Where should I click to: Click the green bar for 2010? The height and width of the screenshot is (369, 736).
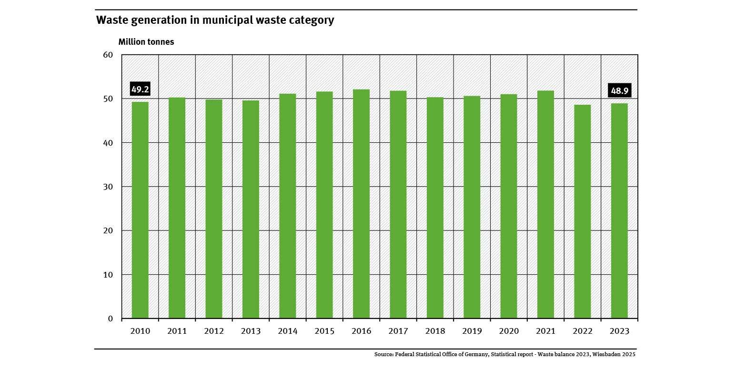click(140, 209)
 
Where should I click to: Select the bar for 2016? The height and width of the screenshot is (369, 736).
click(361, 203)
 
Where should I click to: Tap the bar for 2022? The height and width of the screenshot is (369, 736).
click(582, 211)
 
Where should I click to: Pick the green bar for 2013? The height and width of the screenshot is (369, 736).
click(251, 209)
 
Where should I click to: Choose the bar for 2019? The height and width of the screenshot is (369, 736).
click(472, 207)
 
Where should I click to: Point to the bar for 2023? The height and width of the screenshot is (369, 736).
click(619, 210)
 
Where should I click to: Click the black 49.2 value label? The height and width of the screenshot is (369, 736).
click(140, 89)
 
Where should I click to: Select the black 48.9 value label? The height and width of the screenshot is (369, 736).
click(619, 90)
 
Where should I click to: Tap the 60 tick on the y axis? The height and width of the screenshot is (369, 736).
click(108, 55)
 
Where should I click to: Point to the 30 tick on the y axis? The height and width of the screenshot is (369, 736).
click(108, 187)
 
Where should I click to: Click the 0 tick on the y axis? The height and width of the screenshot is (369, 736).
click(110, 319)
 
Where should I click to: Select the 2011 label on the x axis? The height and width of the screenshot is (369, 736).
click(177, 331)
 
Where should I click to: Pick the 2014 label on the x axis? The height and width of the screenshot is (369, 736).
click(287, 331)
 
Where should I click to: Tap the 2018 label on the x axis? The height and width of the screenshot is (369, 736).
click(435, 331)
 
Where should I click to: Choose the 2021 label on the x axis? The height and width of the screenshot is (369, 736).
click(545, 331)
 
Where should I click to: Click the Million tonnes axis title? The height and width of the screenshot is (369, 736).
click(146, 42)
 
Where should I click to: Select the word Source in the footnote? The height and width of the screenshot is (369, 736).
click(383, 355)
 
